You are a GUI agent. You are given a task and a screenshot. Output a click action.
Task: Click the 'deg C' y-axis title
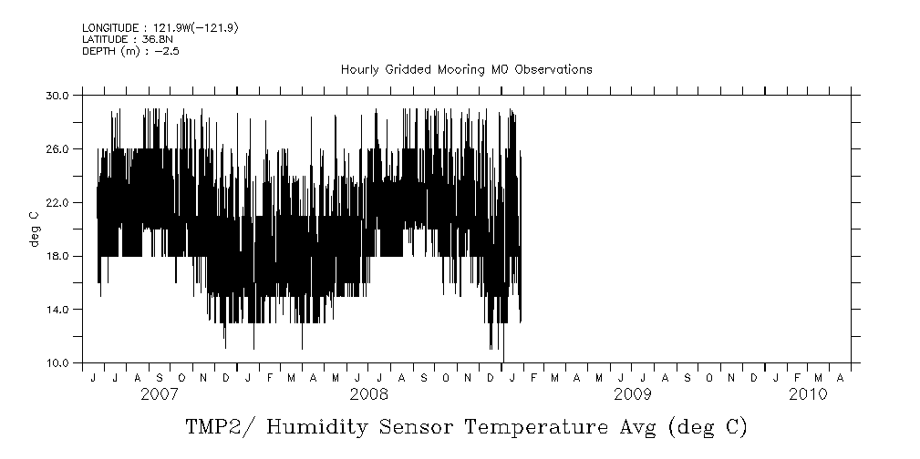(35, 229)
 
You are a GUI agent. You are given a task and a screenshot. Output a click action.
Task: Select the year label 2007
(160, 394)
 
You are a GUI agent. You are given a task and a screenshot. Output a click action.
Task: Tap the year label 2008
(369, 394)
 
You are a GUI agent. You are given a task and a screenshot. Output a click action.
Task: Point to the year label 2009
(632, 394)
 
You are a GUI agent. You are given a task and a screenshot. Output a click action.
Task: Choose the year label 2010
(808, 394)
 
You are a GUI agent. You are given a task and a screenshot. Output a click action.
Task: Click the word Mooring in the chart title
(463, 69)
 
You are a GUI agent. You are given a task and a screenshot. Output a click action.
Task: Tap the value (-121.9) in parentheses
(211, 29)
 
